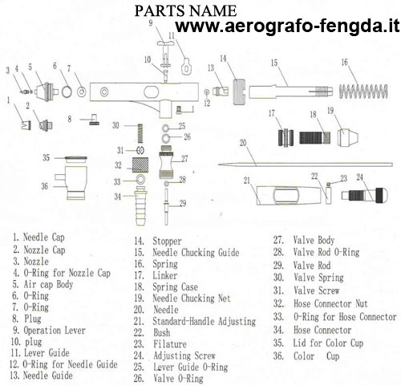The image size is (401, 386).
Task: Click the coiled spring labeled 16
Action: pyautogui.click(x=363, y=91)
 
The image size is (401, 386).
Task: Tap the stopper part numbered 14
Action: pyautogui.click(x=239, y=91)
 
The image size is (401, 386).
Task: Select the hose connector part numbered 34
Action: pyautogui.click(x=141, y=205)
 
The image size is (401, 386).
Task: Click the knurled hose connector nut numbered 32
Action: pyautogui.click(x=140, y=165)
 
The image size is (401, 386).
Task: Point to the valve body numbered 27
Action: pyautogui.click(x=166, y=162)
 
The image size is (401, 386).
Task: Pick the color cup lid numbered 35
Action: pyautogui.click(x=76, y=159)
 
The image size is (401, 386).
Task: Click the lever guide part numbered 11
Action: pyautogui.click(x=186, y=67)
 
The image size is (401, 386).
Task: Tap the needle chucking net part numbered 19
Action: pyautogui.click(x=348, y=137)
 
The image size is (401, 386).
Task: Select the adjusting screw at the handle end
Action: pyautogui.click(x=365, y=195)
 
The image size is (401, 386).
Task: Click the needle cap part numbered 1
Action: pyautogui.click(x=26, y=125)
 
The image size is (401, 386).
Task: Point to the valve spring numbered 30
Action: pyautogui.click(x=140, y=133)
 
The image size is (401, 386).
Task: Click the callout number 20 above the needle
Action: pyautogui.click(x=243, y=143)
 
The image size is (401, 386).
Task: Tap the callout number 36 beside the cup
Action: pyautogui.click(x=45, y=186)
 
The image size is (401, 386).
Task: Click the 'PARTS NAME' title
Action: pyautogui.click(x=185, y=11)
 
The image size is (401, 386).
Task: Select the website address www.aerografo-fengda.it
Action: pyautogui.click(x=287, y=26)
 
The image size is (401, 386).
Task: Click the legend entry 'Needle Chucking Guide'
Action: pyautogui.click(x=196, y=253)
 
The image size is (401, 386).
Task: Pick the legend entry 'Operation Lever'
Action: pyautogui.click(x=55, y=331)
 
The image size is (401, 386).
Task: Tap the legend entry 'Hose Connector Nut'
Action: pyautogui.click(x=330, y=303)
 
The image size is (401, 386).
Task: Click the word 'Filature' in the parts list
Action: pyautogui.click(x=170, y=344)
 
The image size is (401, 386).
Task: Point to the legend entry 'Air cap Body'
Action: pyautogui.click(x=48, y=284)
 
